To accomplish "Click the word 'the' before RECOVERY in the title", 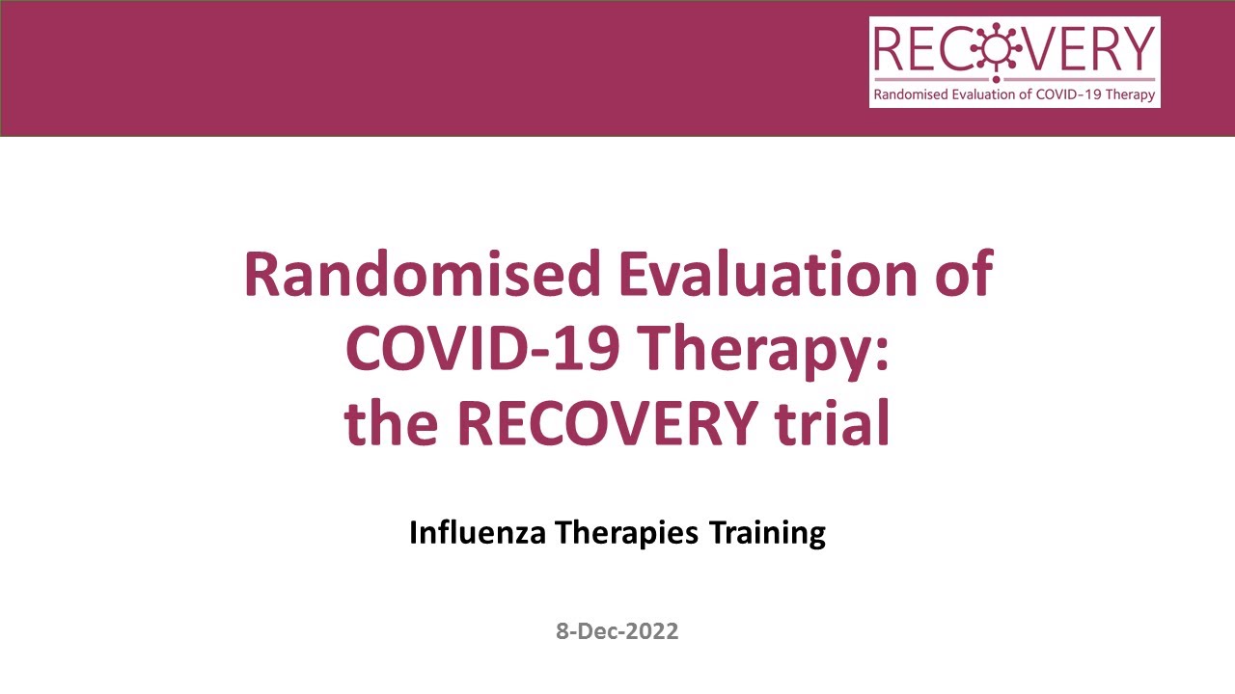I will pos(386,424).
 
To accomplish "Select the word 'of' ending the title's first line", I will pos(961,274).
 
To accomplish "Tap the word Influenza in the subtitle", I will pos(478,532).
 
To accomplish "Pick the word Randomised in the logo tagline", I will pos(910,94).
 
